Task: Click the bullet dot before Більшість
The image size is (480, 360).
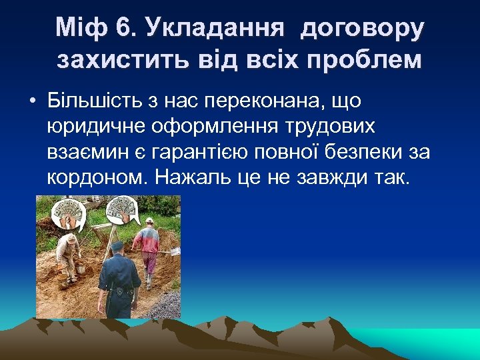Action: (31, 101)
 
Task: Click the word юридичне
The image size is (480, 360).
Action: (99, 127)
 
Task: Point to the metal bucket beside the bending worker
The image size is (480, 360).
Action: (80, 268)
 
